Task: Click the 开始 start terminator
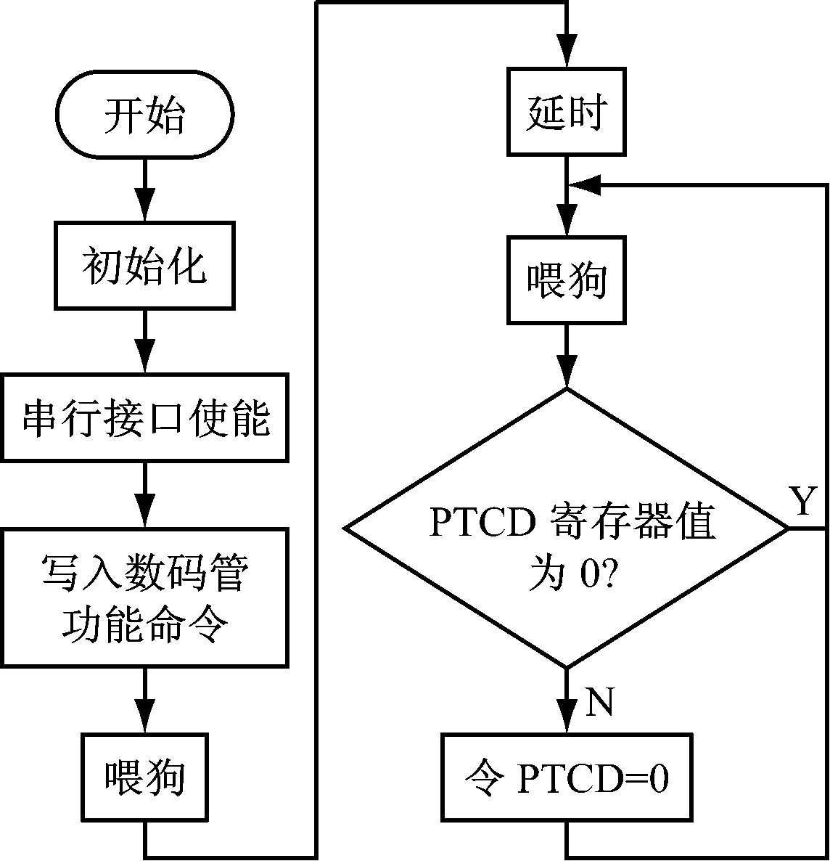[x=145, y=114]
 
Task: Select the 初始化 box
[x=145, y=265]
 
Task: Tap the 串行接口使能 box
[x=145, y=418]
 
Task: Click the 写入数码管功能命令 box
[x=145, y=597]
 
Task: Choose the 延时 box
[x=567, y=112]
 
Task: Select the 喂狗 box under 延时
[x=567, y=279]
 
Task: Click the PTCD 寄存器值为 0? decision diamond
[x=567, y=529]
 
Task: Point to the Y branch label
[x=802, y=502]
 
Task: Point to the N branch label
[x=599, y=703]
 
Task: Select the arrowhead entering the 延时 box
[x=567, y=55]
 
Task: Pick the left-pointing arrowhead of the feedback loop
[x=584, y=184]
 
